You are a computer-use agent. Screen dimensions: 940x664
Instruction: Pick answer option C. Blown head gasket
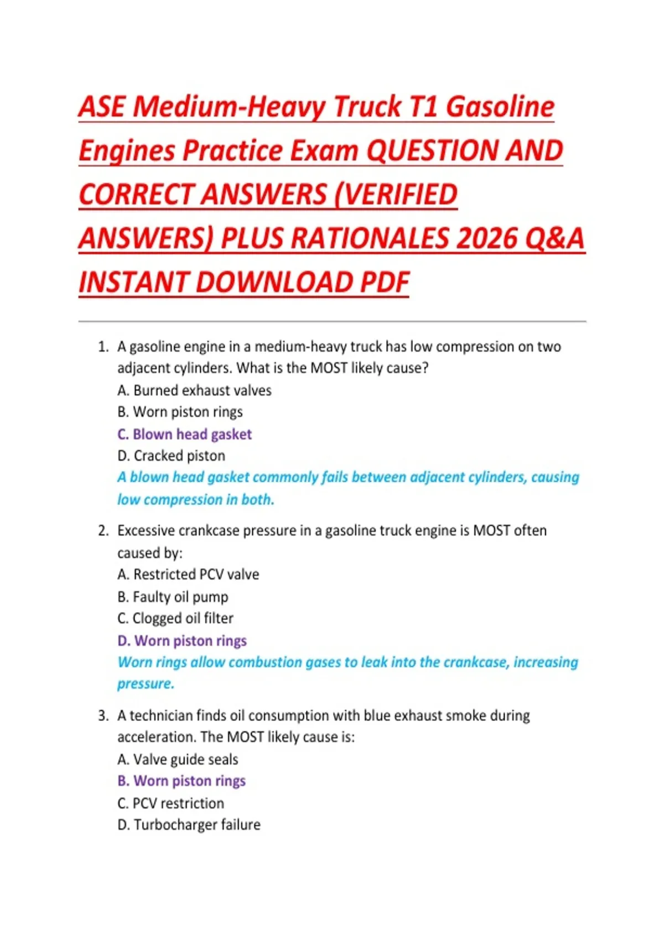(x=184, y=434)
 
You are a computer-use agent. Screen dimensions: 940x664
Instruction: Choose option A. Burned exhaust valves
(x=194, y=390)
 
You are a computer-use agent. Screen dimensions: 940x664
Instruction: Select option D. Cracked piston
(x=172, y=456)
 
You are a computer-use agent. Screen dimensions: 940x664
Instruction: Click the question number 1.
(x=102, y=347)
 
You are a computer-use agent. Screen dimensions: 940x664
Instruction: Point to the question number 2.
(x=103, y=531)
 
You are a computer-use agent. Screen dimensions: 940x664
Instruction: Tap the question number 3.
(x=103, y=716)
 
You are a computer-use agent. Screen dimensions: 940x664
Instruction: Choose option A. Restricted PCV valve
(x=188, y=575)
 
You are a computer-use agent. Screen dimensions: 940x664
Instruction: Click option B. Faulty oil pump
(x=173, y=597)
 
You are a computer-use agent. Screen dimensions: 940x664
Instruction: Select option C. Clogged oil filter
(x=175, y=618)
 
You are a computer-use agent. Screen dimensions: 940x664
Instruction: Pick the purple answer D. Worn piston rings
(x=182, y=640)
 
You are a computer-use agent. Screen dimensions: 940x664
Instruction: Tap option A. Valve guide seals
(x=178, y=759)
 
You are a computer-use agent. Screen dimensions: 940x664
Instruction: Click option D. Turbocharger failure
(x=189, y=824)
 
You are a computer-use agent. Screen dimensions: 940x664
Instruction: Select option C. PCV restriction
(x=170, y=803)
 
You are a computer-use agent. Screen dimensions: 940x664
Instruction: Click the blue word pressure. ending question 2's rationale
(x=146, y=684)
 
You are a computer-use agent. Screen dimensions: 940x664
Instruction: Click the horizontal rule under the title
(x=332, y=321)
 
